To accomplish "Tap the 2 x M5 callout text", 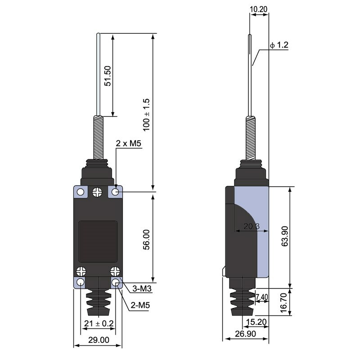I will [128, 144].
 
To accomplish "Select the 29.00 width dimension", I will [98, 340].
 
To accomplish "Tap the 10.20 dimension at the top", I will [260, 9].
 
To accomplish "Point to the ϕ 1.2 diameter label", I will [279, 45].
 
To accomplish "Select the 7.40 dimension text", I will [262, 297].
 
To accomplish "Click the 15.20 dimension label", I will [257, 322].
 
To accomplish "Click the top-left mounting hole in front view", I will [81, 193].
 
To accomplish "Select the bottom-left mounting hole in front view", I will [81, 283].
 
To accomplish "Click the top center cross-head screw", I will [97, 193].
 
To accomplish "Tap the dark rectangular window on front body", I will [98, 241].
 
